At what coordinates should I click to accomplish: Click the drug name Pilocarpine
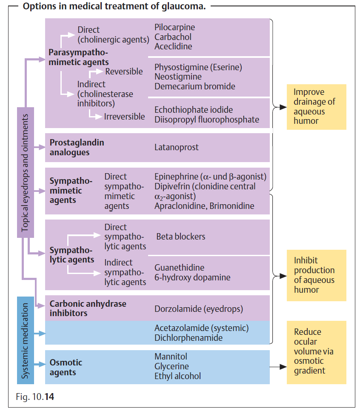tap(174, 27)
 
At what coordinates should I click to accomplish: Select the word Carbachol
tap(173, 37)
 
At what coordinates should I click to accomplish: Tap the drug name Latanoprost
tap(176, 147)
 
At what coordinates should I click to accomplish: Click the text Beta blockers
tap(180, 237)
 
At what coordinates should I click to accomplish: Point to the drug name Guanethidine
tap(179, 268)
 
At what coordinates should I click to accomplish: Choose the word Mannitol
tap(171, 357)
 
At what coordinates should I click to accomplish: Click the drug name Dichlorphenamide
tap(189, 338)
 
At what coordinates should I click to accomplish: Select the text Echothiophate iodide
tap(194, 110)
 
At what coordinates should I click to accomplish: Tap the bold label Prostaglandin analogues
tap(77, 147)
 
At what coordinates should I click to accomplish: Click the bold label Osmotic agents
tap(66, 367)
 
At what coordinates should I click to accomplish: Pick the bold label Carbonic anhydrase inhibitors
tap(88, 308)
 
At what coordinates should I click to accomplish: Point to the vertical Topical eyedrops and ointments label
tap(26, 172)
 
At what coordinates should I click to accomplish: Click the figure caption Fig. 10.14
tap(35, 397)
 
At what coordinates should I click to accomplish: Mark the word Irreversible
tap(124, 117)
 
